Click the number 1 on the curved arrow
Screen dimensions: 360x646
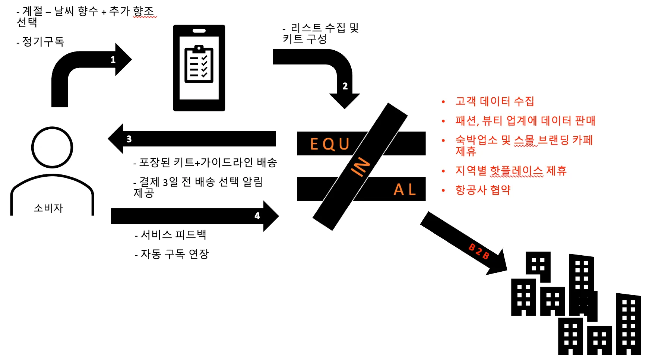pos(113,60)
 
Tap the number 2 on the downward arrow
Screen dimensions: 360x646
pos(345,86)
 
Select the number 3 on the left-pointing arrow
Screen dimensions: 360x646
pos(129,139)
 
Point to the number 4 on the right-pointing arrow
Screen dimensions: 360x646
pos(257,216)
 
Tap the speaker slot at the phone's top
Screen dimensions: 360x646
pos(199,31)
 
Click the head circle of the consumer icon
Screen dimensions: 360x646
pos(52,148)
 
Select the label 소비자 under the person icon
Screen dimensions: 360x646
pos(48,208)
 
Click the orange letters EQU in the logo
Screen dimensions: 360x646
pos(330,144)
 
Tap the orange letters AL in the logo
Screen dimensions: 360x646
pos(405,190)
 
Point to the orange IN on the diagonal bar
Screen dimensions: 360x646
pos(360,167)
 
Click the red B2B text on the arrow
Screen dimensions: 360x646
pos(479,251)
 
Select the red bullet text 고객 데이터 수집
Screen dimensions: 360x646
pos(494,101)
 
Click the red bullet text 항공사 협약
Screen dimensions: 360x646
pos(483,190)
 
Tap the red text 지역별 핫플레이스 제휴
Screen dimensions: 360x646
pos(511,171)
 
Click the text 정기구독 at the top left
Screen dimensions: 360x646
pos(43,41)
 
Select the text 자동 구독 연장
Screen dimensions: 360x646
pos(174,254)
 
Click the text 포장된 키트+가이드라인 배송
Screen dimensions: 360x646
pos(208,162)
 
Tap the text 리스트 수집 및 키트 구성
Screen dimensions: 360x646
pos(320,33)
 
